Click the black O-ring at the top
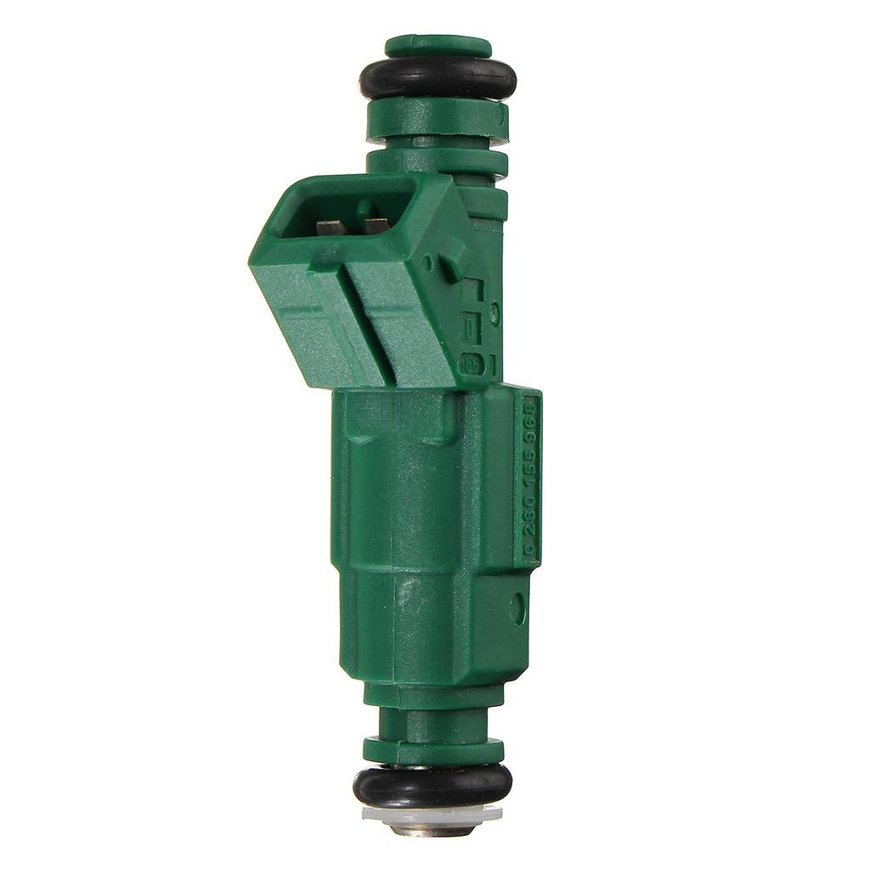(x=437, y=80)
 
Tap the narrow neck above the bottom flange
(x=433, y=722)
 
